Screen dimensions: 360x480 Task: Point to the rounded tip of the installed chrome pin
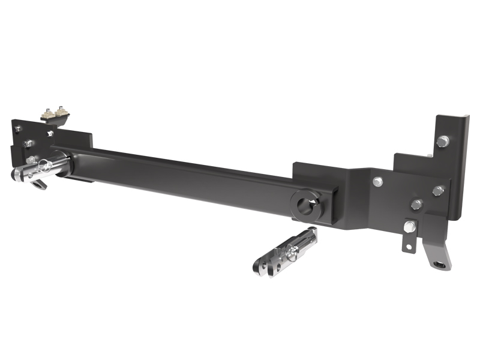pos(16,175)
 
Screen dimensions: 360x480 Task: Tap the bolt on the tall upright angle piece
pos(442,142)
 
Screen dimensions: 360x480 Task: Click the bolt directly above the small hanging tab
pos(416,205)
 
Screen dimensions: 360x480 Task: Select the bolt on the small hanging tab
pos(410,226)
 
